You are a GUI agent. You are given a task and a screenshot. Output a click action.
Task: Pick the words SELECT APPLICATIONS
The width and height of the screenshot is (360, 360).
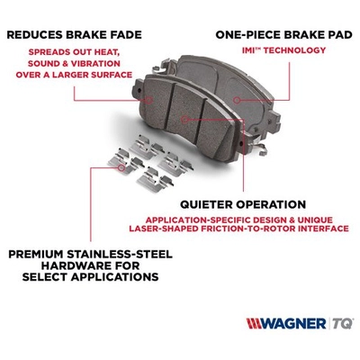[x=79, y=277]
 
